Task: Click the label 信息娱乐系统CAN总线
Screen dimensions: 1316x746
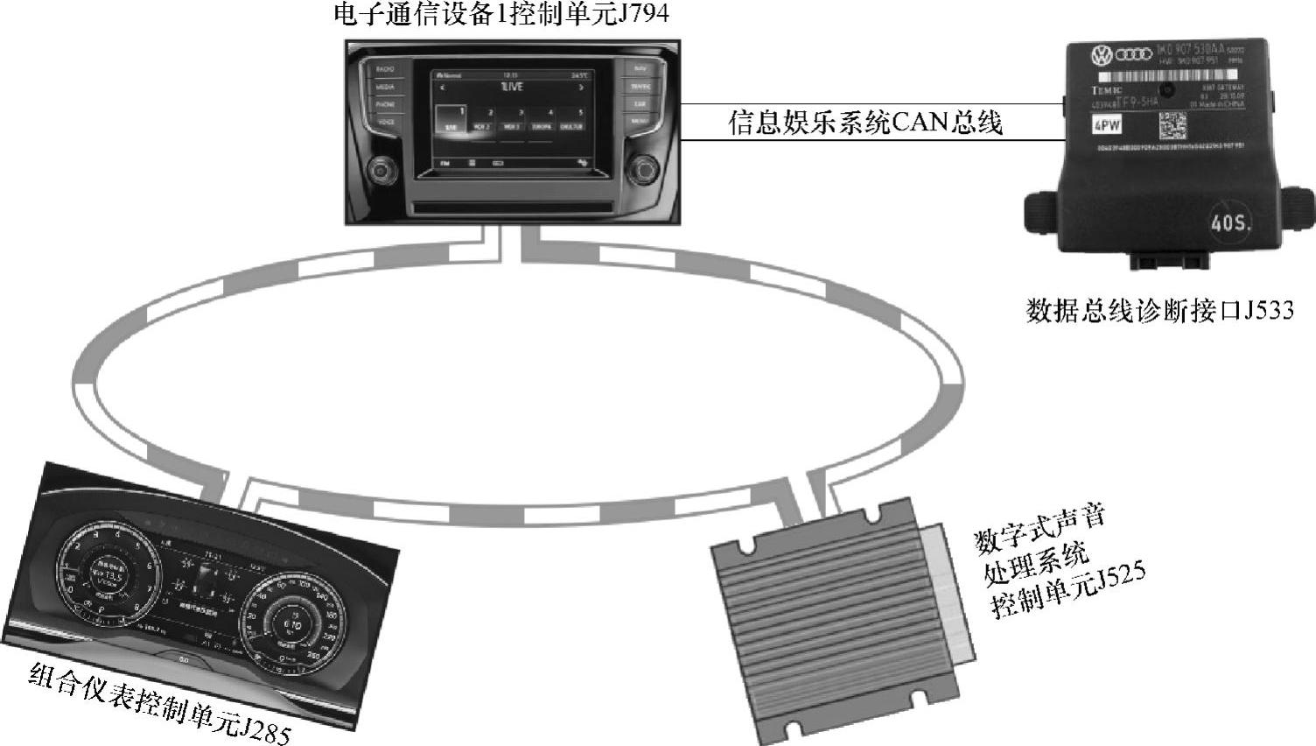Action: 865,123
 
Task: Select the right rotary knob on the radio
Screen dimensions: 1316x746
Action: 644,168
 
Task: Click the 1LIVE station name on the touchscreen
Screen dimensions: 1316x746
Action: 512,87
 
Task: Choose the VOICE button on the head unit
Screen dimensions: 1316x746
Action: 386,121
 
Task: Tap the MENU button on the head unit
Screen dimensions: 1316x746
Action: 640,121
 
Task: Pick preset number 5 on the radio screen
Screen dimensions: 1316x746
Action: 579,113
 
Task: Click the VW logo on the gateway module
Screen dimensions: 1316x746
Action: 1100,57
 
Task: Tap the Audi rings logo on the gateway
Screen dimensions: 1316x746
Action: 1134,55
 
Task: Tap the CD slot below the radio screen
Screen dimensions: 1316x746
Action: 512,208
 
